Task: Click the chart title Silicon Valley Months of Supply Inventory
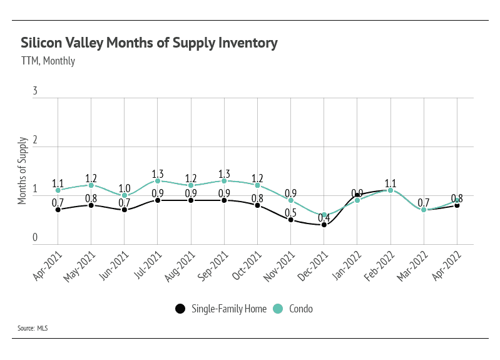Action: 149,43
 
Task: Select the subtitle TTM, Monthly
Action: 48,61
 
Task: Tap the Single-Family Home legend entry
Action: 221,309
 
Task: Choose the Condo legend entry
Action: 293,309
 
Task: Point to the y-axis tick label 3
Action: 35,91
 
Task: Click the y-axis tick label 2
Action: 35,140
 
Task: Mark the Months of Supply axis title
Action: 22,170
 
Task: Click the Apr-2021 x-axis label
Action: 48,265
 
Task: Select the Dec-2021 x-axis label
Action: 313,266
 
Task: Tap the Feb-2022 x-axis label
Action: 380,266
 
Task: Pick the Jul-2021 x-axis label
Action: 148,265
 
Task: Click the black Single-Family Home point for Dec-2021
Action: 324,225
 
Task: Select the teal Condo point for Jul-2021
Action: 158,181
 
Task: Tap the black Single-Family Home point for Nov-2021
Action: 291,220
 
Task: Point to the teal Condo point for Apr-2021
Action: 58,190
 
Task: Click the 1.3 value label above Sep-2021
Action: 224,174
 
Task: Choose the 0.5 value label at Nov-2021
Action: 290,212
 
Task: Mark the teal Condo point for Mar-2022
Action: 424,210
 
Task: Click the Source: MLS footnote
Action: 33,328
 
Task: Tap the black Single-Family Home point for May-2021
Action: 91,205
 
